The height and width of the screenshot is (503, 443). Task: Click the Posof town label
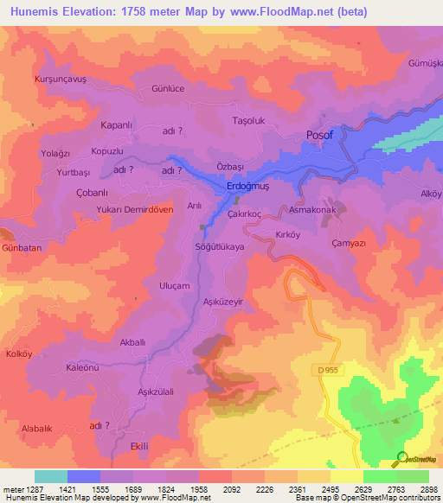320,135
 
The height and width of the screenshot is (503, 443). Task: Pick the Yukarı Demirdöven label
137,209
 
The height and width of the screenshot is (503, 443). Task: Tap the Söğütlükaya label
221,246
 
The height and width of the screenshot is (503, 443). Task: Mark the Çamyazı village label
350,244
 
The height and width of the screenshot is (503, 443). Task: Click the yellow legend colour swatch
346,476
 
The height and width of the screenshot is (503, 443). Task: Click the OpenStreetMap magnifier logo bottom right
402,457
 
